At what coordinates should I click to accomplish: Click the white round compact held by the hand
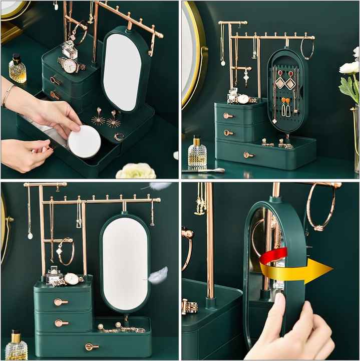coord(84,142)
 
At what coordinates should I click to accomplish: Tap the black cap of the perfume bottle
coord(17,59)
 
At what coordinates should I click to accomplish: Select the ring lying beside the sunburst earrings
coord(119,136)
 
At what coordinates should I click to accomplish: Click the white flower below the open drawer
coord(136,171)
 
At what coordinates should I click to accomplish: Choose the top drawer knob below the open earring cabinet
coord(228,116)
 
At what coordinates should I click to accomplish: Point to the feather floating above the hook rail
coord(159,186)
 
